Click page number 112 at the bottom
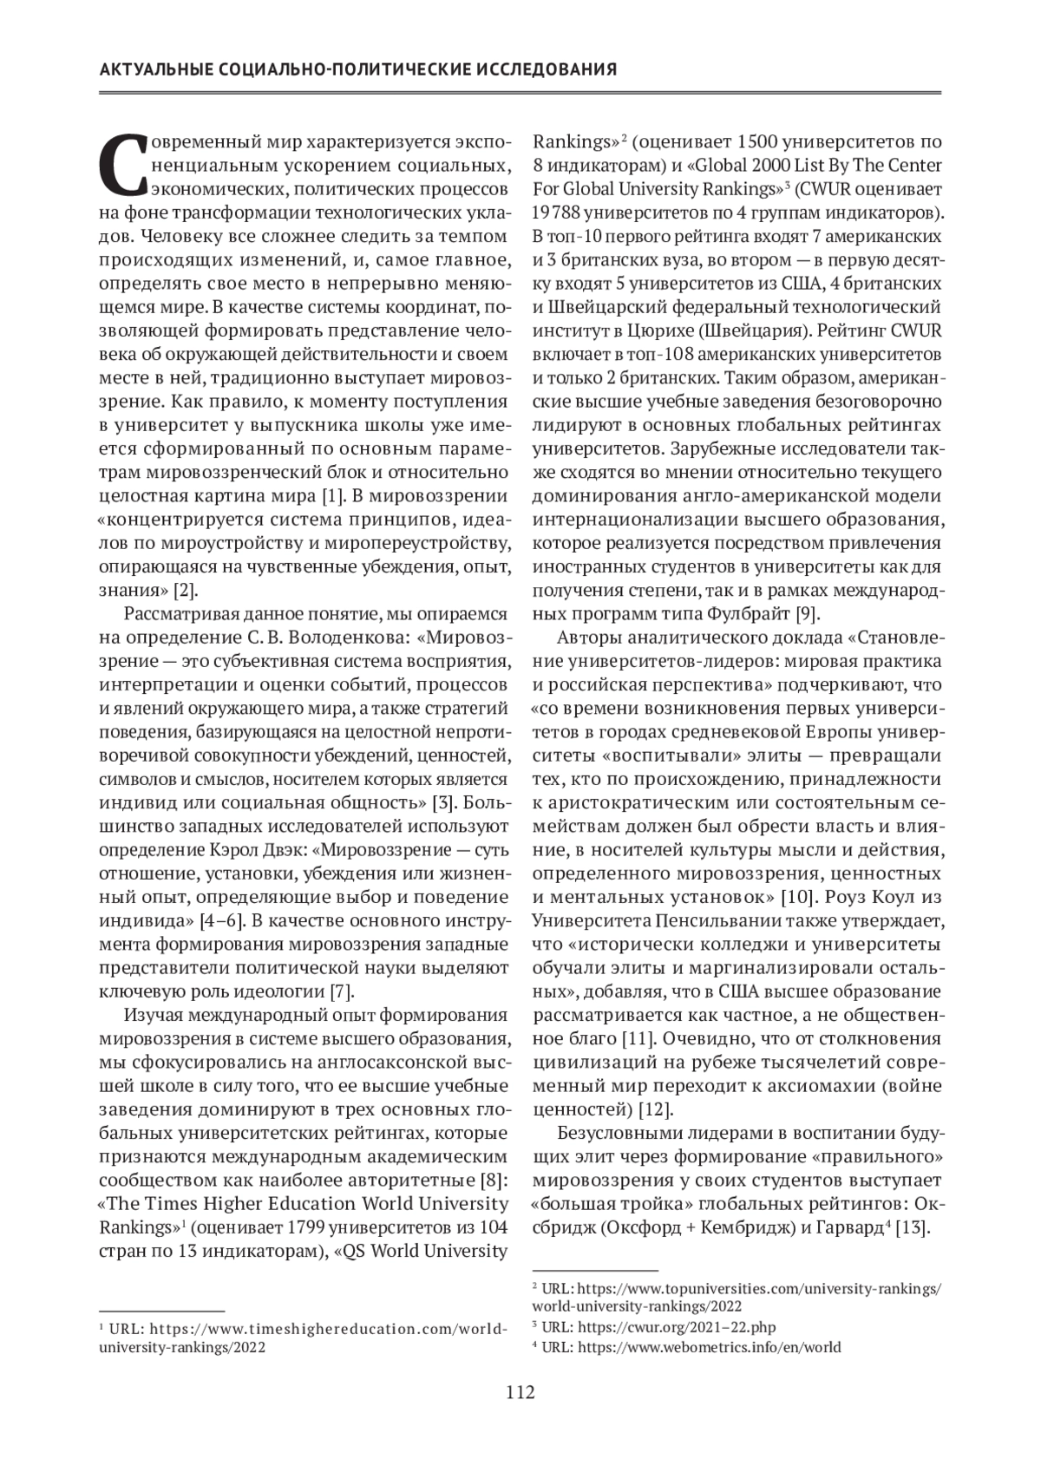click(x=520, y=1393)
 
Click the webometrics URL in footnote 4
click(x=709, y=1347)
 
